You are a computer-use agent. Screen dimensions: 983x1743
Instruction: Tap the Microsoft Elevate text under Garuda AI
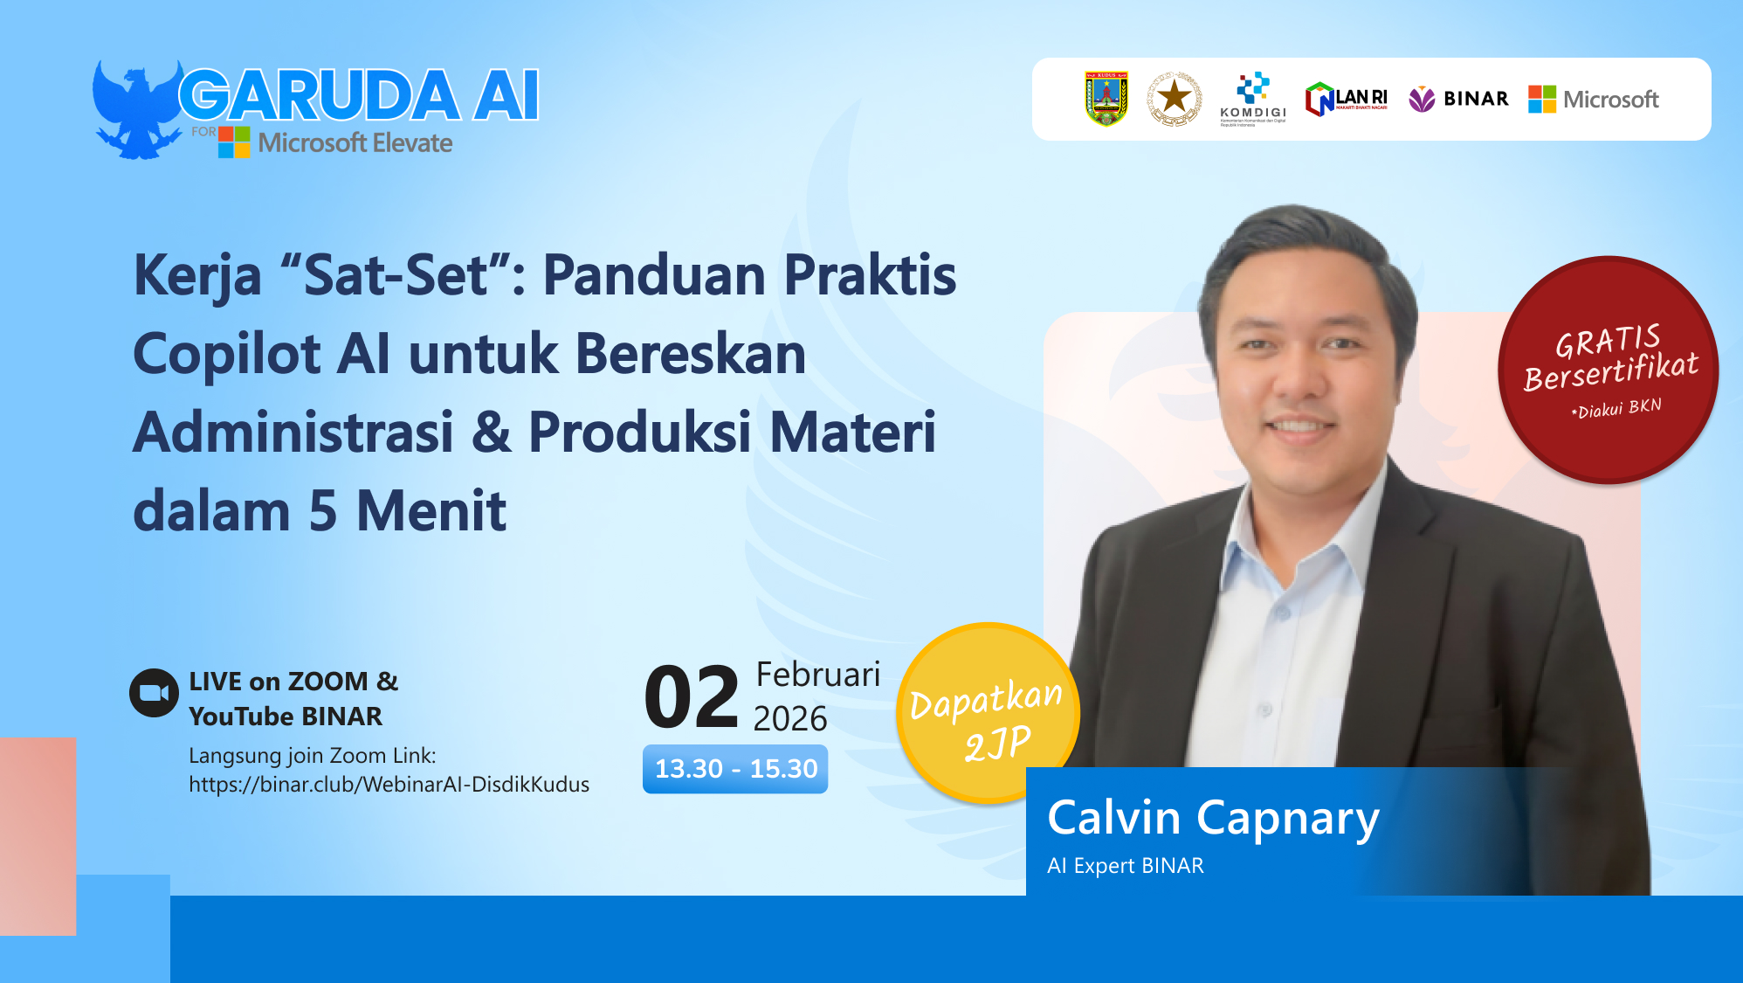(355, 142)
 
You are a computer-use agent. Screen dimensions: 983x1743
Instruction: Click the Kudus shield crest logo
(1106, 99)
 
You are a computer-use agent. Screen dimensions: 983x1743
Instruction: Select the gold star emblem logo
(1175, 99)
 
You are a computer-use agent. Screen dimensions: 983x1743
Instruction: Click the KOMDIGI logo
(1253, 99)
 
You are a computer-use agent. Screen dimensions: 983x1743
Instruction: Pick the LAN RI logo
(1346, 99)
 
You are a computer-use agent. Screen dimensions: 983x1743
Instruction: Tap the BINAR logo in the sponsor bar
(1459, 99)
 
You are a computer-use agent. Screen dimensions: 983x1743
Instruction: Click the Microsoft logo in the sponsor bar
(1594, 100)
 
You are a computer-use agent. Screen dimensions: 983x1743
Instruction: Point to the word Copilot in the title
(226, 355)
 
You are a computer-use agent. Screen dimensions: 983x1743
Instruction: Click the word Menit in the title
(431, 511)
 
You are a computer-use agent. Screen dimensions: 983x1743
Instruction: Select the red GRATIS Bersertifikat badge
(1608, 370)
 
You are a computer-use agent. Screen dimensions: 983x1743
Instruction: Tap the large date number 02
(691, 697)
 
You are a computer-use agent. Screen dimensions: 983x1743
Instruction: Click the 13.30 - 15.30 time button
(735, 769)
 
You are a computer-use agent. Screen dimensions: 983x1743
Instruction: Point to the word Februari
(817, 675)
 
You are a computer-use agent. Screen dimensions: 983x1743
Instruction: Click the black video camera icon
(154, 693)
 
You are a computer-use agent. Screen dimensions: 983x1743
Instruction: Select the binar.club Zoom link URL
(389, 785)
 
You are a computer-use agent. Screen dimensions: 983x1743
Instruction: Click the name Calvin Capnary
(1212, 819)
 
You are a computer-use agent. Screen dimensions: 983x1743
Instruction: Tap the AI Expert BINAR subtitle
(1125, 866)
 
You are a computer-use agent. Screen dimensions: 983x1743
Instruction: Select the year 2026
(789, 718)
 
